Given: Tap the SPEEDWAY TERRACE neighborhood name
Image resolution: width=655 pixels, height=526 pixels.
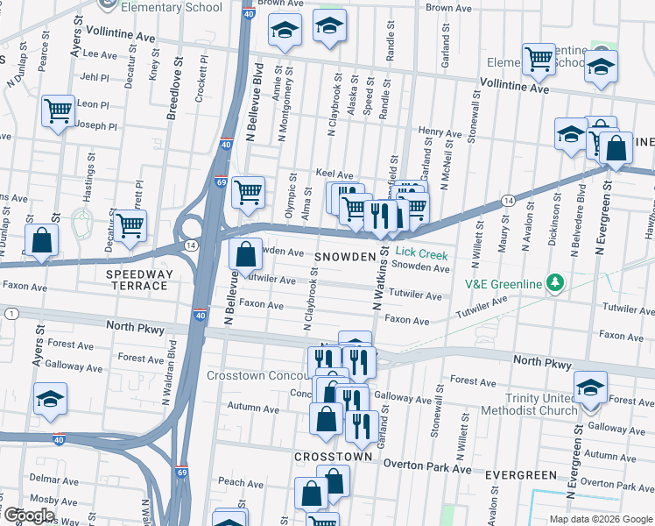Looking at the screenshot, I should (137, 280).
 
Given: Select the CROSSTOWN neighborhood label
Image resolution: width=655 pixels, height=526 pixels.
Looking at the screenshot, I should (328, 458).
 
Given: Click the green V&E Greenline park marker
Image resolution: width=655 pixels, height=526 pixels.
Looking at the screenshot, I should (553, 282).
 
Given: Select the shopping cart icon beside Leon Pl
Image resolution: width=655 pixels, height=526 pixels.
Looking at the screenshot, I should (59, 111).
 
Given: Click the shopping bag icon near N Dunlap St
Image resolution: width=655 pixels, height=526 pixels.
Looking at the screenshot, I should (41, 240).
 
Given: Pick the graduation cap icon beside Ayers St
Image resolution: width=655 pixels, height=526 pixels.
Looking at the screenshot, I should (50, 397).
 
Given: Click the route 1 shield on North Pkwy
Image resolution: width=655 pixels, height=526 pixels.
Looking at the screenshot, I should (11, 314).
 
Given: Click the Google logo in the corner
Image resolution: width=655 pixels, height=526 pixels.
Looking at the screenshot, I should (28, 516).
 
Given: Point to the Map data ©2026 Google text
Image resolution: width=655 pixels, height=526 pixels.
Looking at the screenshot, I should (601, 519).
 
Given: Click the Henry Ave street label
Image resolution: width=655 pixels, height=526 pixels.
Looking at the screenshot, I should (440, 133).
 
